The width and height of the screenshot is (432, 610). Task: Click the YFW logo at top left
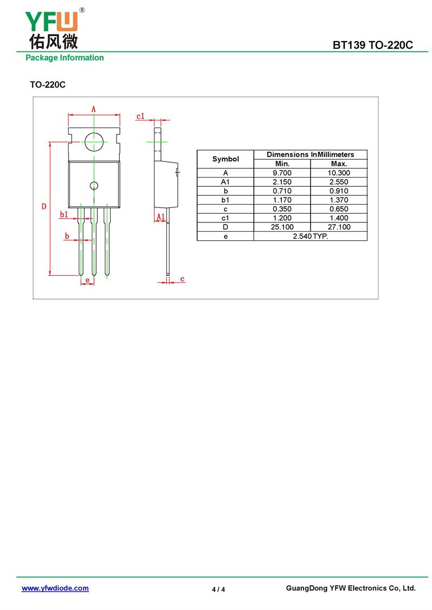53,29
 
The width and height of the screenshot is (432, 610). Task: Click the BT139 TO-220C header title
373,45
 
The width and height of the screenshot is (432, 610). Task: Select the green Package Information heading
65,58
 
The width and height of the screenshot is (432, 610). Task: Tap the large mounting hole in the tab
94,142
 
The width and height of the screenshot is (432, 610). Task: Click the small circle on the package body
94,186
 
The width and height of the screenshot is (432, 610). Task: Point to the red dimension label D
44,207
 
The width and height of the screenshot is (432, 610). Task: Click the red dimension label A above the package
93,110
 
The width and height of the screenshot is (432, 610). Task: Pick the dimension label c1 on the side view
140,116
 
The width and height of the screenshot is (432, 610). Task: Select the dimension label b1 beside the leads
64,214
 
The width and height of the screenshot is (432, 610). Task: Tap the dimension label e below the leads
87,280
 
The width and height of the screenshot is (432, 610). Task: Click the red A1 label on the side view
161,216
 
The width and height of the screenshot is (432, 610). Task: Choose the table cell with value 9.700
282,173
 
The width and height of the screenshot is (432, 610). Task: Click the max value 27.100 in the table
339,227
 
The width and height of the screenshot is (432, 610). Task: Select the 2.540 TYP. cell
310,236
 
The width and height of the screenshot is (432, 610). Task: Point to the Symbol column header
225,159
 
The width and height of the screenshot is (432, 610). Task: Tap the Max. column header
339,164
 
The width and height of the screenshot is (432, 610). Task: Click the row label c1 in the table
225,218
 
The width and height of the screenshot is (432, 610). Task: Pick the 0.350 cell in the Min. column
282,209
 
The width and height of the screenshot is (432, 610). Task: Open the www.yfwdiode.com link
55,588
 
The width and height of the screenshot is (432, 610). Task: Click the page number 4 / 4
218,589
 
